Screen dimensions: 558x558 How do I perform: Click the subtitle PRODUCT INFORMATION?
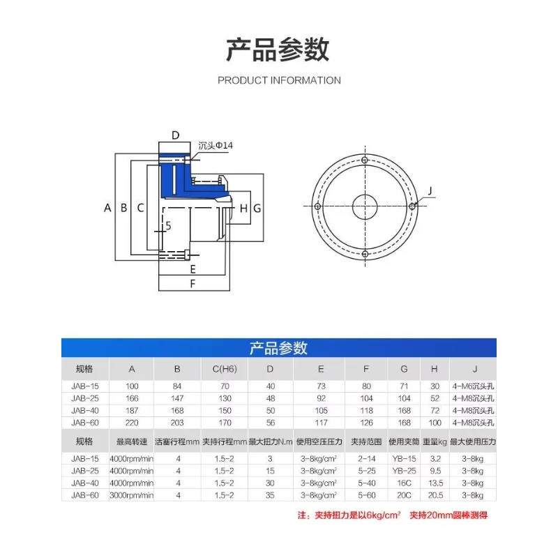(279, 80)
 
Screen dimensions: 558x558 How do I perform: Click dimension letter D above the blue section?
(176, 135)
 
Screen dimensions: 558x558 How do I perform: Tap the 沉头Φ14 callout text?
(216, 145)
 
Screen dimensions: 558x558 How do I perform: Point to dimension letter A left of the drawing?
(107, 207)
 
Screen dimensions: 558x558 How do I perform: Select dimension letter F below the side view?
(193, 284)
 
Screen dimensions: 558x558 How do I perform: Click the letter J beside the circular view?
(430, 191)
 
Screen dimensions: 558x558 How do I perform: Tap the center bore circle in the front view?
(364, 206)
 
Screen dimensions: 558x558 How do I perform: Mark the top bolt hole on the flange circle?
(364, 160)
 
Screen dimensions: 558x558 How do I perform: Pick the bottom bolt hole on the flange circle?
(364, 254)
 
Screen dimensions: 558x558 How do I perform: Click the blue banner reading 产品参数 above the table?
(279, 348)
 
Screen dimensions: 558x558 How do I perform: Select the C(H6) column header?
(224, 368)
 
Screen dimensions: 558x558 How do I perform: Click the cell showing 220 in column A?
(133, 423)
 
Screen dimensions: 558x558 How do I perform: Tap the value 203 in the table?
(177, 423)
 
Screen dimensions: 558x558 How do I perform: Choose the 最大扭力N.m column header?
(271, 442)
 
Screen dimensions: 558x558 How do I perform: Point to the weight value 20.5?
(435, 495)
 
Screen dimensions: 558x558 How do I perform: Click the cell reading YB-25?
(402, 471)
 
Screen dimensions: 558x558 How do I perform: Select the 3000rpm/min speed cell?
(132, 495)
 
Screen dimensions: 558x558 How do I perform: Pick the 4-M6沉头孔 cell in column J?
(473, 386)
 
